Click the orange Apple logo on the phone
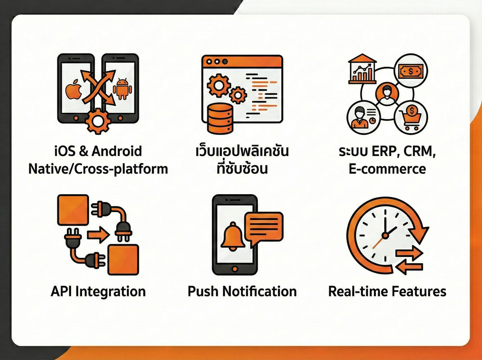coord(74,90)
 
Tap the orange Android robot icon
coord(122,89)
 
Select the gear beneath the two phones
coord(98,121)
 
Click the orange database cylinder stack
coord(220,119)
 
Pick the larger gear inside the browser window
coord(218,85)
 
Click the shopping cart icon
coord(411,118)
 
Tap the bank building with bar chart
coord(362,69)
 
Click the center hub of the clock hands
coord(385,236)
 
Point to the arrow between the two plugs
coord(98,235)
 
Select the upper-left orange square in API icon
coord(73,210)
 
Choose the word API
coord(62,291)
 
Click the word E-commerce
coord(388,169)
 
